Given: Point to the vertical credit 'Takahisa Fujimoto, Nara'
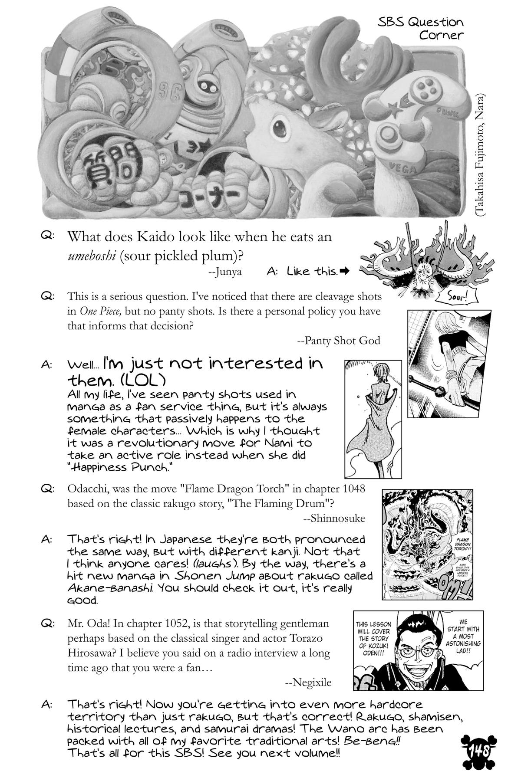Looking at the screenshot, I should coord(481,154).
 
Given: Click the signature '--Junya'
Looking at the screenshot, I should coord(225,272).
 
